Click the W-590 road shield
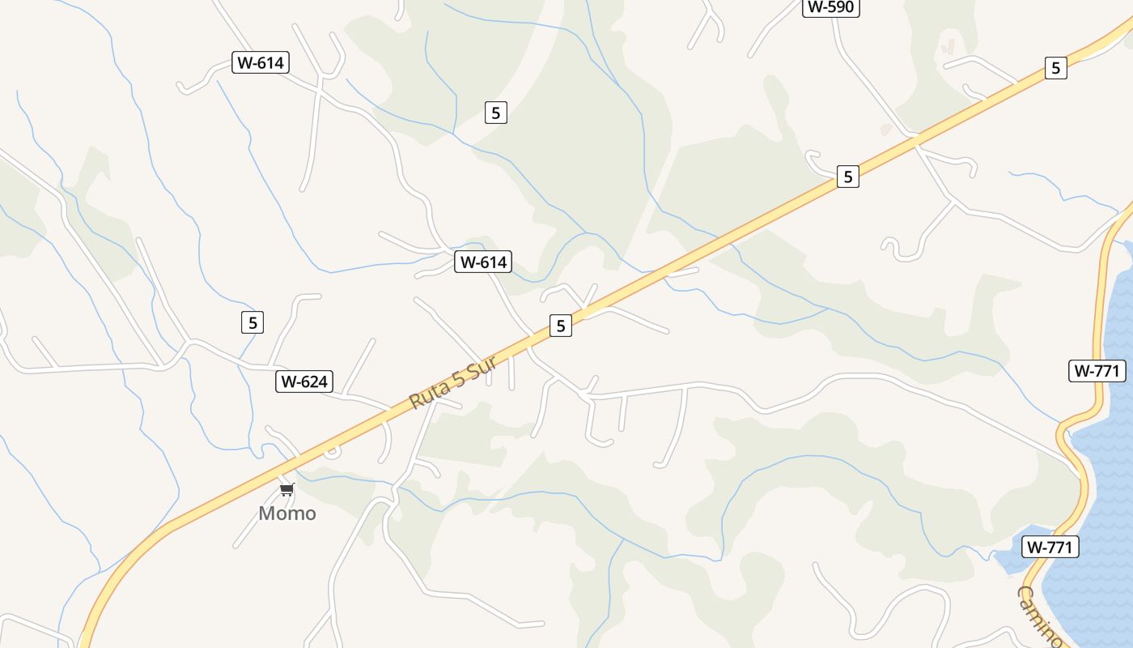[831, 7]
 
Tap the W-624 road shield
[304, 382]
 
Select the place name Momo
[287, 514]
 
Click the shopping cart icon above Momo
[287, 490]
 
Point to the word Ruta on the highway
[428, 393]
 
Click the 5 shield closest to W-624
[252, 322]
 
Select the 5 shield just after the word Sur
[560, 326]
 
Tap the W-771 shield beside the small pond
[1050, 548]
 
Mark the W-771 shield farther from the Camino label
[1097, 371]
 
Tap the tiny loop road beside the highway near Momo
[331, 452]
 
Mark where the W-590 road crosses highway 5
[915, 141]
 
